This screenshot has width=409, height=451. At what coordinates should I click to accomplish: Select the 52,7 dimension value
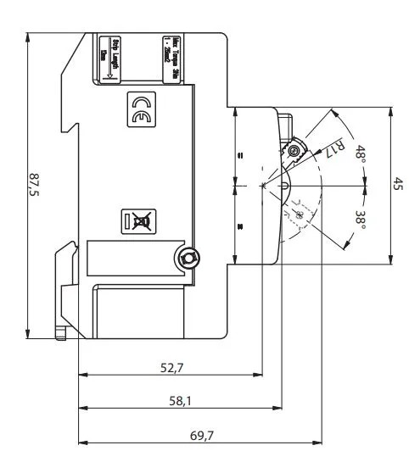click(x=172, y=367)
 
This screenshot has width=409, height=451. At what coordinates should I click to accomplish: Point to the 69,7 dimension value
click(x=202, y=435)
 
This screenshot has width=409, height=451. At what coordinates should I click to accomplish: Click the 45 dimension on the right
click(x=398, y=184)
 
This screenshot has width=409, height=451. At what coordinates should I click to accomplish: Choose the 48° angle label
click(x=361, y=155)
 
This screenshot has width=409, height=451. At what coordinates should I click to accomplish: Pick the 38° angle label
click(x=361, y=219)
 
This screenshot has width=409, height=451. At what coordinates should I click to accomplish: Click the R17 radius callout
click(x=336, y=148)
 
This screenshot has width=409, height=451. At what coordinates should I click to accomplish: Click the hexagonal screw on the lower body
click(x=188, y=257)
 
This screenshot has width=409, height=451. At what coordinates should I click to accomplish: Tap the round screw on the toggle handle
click(x=294, y=152)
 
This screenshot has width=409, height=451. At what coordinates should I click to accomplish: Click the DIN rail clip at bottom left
click(x=61, y=288)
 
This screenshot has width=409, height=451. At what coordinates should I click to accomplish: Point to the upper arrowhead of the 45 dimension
click(x=389, y=110)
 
